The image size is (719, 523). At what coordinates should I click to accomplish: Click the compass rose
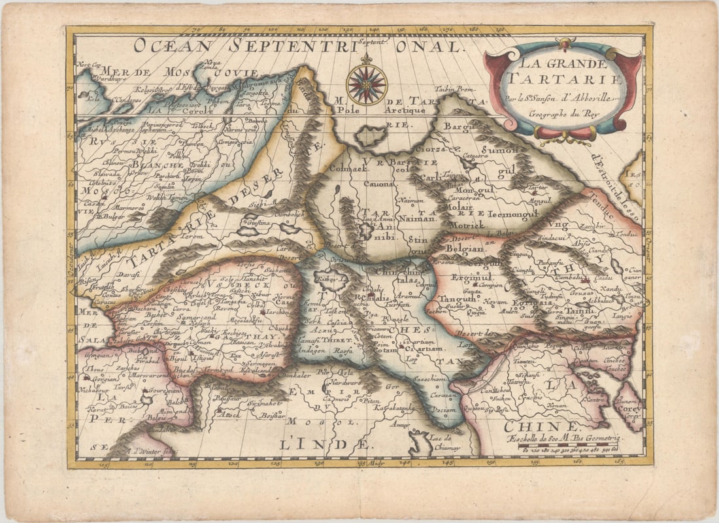tap(367, 84)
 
